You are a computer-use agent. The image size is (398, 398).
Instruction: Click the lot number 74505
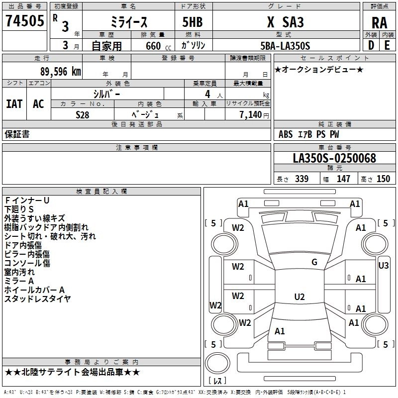click(x=25, y=20)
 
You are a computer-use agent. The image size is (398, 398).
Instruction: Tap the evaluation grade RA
click(x=380, y=23)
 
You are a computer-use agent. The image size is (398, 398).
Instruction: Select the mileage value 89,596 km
click(x=60, y=72)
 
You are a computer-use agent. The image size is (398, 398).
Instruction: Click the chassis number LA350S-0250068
click(x=334, y=158)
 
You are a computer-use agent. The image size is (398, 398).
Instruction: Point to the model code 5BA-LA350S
click(x=285, y=46)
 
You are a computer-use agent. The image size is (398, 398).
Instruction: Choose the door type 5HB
click(x=193, y=22)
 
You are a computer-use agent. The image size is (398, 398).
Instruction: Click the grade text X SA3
click(x=286, y=22)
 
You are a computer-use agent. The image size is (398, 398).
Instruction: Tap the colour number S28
click(x=83, y=115)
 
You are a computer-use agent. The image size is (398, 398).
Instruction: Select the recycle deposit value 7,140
click(x=251, y=114)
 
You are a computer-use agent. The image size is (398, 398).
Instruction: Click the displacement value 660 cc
click(x=158, y=46)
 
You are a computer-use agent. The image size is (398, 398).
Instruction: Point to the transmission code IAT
click(x=14, y=104)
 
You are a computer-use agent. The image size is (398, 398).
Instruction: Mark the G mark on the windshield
click(x=314, y=262)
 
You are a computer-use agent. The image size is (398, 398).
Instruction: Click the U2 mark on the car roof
click(x=299, y=297)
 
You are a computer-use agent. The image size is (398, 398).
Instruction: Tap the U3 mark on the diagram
click(x=383, y=266)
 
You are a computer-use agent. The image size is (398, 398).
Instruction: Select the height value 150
click(x=383, y=179)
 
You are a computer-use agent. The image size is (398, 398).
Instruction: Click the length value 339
click(x=301, y=179)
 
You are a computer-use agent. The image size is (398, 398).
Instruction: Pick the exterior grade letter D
click(x=371, y=45)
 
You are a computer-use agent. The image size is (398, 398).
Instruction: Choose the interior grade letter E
click(x=387, y=45)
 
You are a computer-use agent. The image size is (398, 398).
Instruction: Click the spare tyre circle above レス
click(x=217, y=363)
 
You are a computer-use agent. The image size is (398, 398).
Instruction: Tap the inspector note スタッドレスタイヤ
click(x=38, y=299)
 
